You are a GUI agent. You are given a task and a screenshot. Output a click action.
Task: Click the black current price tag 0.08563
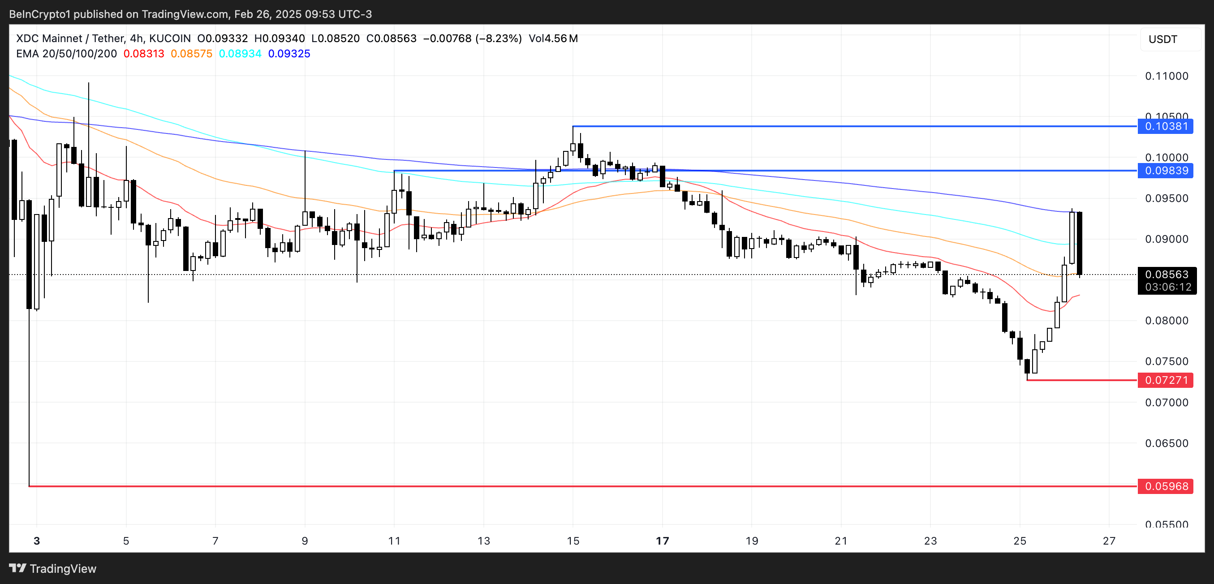[1167, 275]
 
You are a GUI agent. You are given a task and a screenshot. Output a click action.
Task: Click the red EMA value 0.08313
[144, 54]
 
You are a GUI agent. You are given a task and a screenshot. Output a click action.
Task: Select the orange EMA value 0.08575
[191, 54]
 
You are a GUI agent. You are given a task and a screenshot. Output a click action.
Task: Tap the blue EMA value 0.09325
[289, 54]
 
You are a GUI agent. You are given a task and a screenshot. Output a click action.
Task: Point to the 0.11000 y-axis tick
[1167, 76]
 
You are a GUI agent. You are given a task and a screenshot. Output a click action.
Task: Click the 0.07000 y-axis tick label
[1167, 402]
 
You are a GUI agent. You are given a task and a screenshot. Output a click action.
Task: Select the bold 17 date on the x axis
[662, 541]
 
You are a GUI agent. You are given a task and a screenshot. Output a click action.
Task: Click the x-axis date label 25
[1020, 541]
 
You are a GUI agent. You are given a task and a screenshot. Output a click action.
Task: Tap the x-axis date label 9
[305, 541]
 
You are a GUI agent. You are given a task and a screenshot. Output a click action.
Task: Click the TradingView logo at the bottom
[52, 568]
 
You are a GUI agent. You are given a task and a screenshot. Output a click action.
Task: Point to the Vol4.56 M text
[553, 39]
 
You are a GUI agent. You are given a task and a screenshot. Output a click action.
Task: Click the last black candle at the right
[1079, 243]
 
